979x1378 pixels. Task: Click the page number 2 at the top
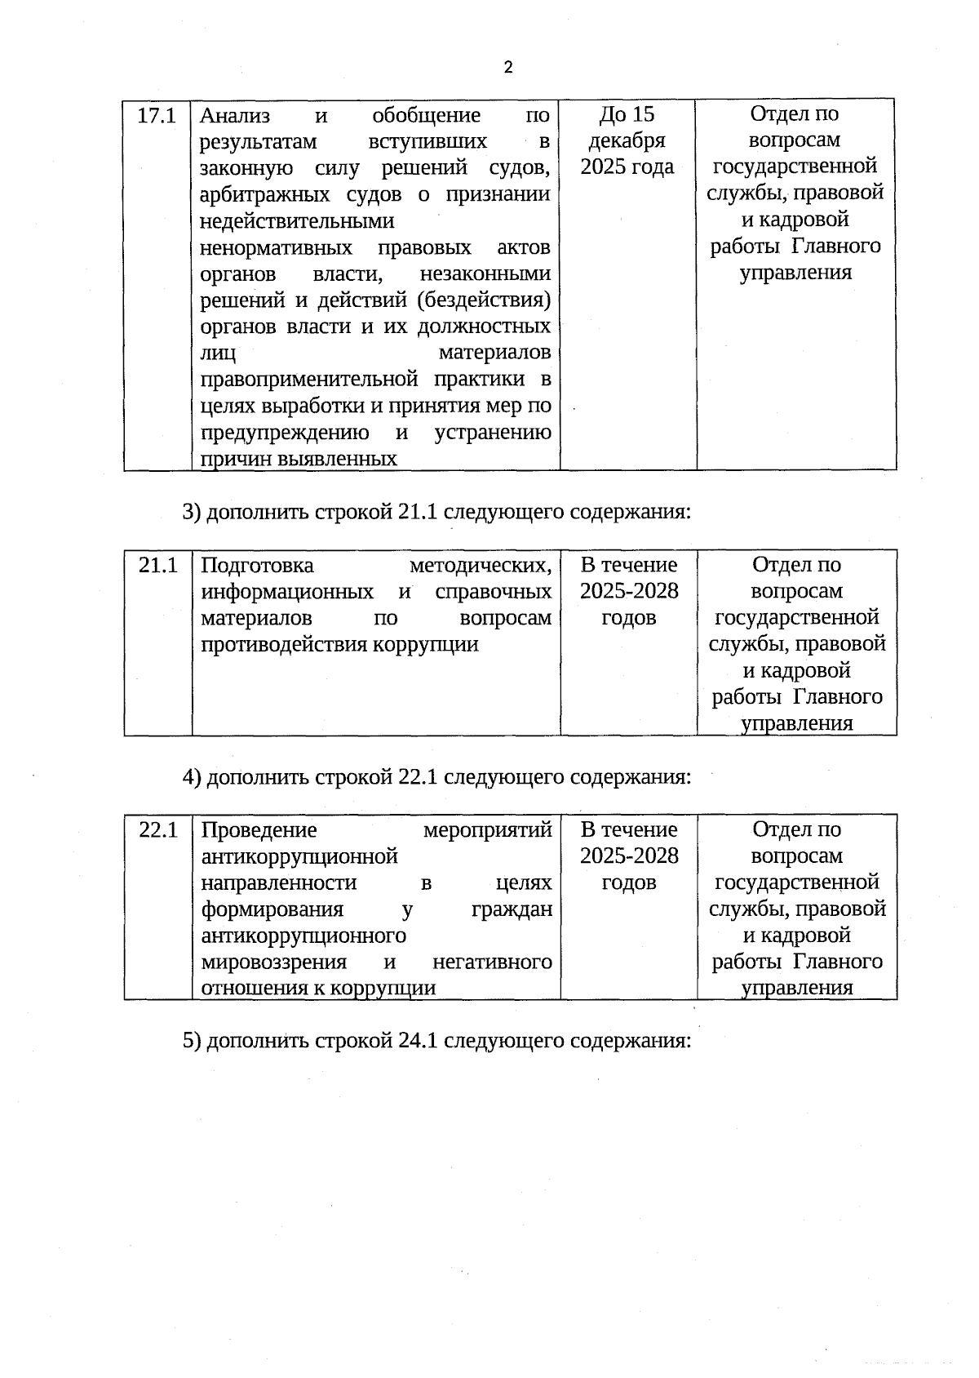pos(508,68)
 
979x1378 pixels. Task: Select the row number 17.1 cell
pos(157,115)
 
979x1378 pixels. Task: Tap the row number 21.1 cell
pos(157,565)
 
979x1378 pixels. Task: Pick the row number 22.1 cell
pos(157,830)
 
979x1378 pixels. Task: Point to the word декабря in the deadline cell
pos(627,140)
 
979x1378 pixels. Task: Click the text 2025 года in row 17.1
pos(627,167)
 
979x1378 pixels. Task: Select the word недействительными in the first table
pos(297,221)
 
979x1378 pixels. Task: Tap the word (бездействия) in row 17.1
pos(484,300)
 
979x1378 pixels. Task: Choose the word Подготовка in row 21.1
pos(257,565)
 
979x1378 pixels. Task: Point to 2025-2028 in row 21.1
pos(629,591)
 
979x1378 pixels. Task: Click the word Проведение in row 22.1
pos(259,830)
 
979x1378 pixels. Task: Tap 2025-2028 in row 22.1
pos(629,856)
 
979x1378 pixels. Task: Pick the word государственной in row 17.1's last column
pos(795,167)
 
